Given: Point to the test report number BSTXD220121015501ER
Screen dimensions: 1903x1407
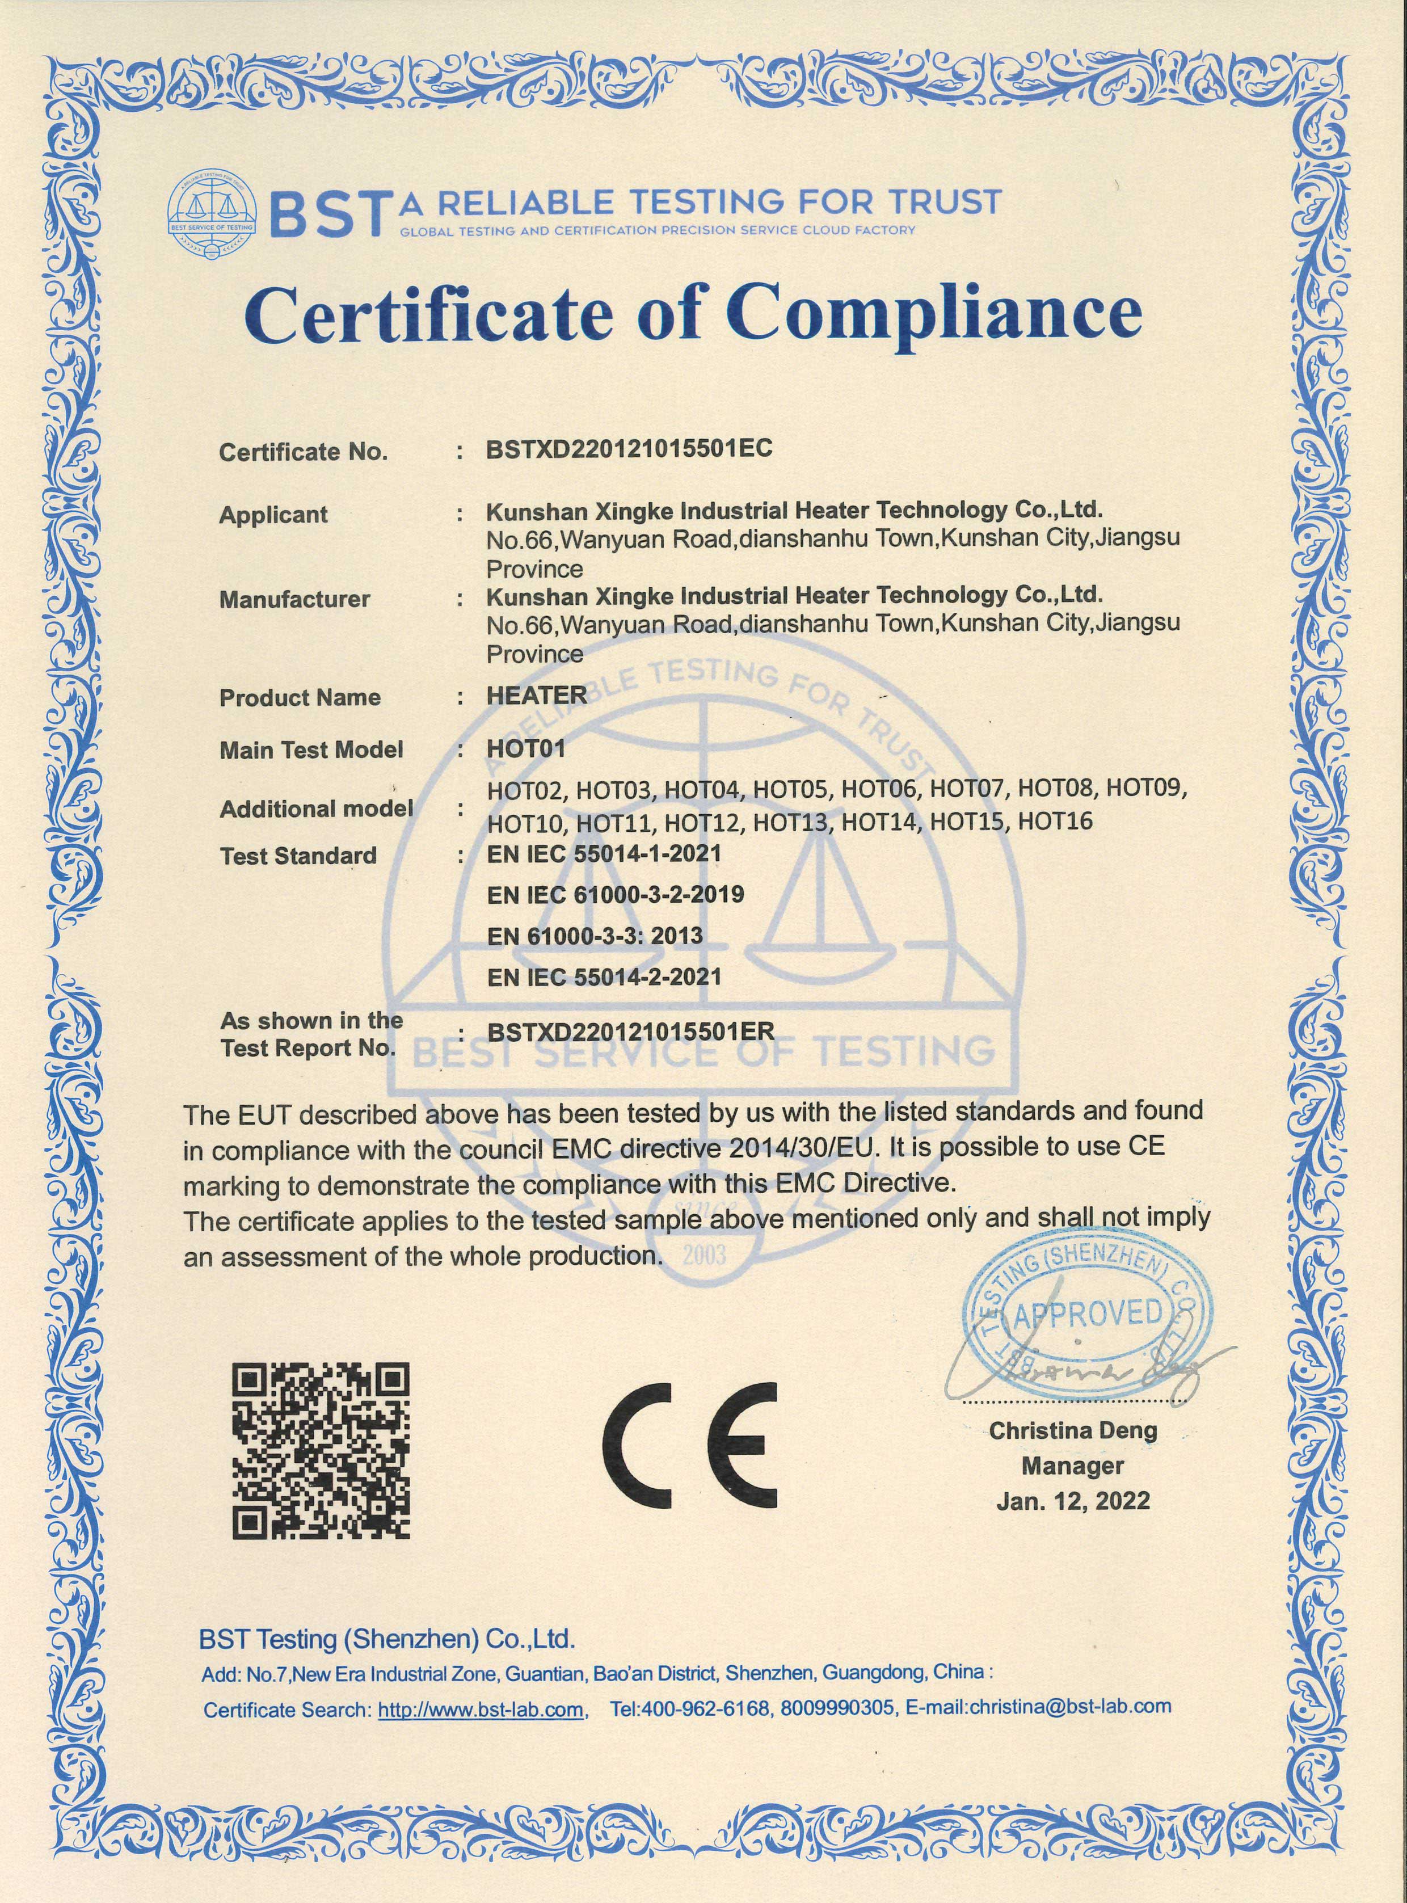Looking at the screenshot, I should pos(630,1033).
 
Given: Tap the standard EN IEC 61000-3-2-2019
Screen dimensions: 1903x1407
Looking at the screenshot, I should pos(615,894).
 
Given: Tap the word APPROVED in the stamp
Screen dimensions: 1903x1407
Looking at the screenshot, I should pos(1088,1313).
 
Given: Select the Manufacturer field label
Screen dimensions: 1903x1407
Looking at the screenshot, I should pos(294,600).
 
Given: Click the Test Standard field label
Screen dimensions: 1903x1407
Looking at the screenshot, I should pos(297,856).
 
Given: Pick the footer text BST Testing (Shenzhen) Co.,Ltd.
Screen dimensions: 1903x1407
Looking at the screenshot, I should pos(387,1640).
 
